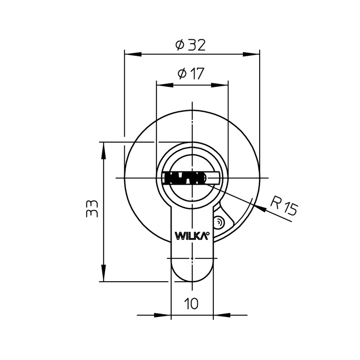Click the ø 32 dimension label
tap(190, 45)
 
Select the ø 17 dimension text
tap(191, 74)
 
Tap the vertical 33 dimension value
tap(92, 209)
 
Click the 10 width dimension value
tap(191, 304)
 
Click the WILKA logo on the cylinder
tap(192, 236)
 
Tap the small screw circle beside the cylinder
tap(219, 223)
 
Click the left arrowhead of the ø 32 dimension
tap(133, 55)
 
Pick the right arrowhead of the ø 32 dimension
tap(251, 55)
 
